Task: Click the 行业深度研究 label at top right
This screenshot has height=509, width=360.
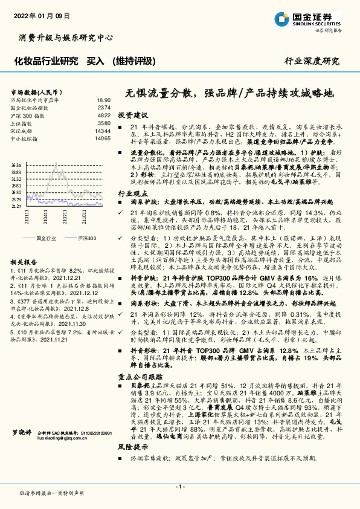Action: point(311,61)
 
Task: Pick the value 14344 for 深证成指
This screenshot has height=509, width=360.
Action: point(102,131)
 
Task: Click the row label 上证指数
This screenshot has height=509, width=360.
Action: point(23,123)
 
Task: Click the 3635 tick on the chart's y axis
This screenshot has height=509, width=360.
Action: point(16,164)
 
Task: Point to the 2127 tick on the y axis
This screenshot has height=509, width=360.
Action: point(16,206)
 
